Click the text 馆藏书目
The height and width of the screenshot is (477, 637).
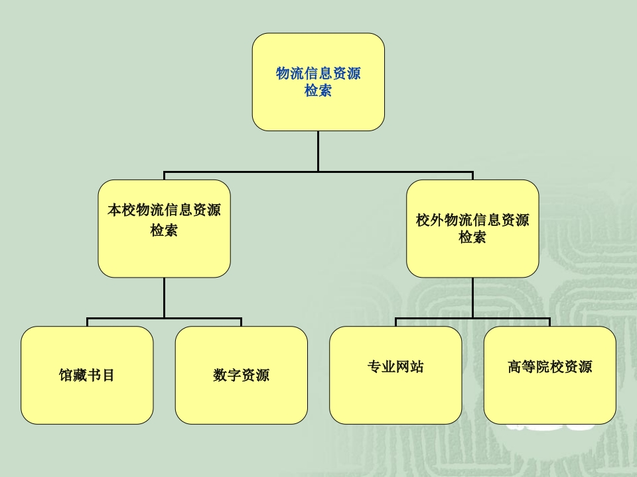[87, 375]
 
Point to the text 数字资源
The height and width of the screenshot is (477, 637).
[242, 375]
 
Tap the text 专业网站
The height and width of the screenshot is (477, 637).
[395, 366]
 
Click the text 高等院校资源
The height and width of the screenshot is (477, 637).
[550, 366]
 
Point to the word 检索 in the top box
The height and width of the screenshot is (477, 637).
[318, 91]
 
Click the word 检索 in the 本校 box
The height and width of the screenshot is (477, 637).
[164, 231]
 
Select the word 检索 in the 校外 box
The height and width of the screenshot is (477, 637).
[472, 237]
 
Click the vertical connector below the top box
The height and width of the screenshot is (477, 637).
[318, 150]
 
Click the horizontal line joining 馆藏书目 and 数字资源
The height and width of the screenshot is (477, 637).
[199, 319]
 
